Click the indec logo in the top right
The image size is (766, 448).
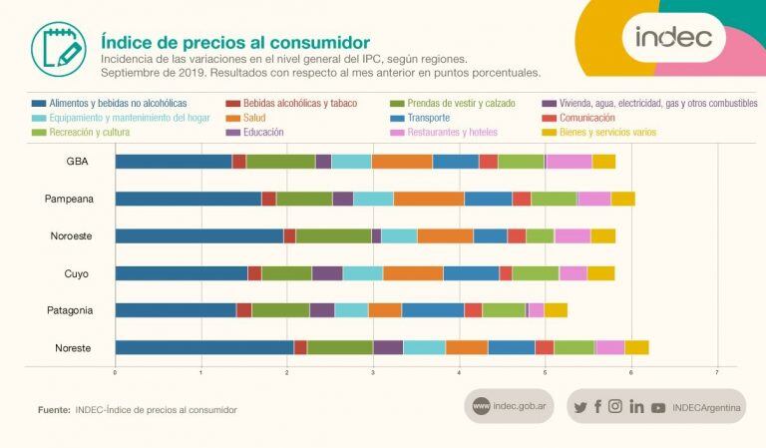tap(673, 37)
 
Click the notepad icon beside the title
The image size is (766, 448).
tap(58, 47)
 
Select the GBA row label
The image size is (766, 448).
tap(76, 162)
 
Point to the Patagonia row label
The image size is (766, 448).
tap(71, 310)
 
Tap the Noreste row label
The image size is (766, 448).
tap(73, 347)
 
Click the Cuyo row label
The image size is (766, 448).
tap(77, 272)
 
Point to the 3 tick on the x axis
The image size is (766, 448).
tap(373, 372)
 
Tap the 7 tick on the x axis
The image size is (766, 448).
tap(717, 372)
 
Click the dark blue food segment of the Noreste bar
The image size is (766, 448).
tap(203, 347)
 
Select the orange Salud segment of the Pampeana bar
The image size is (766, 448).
tap(429, 199)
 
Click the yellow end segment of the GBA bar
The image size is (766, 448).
tap(603, 162)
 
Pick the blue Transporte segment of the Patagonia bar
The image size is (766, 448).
tap(433, 310)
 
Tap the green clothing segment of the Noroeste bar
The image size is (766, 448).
tap(333, 235)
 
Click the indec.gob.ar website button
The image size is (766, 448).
tap(509, 406)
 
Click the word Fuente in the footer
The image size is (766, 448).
tap(53, 410)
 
